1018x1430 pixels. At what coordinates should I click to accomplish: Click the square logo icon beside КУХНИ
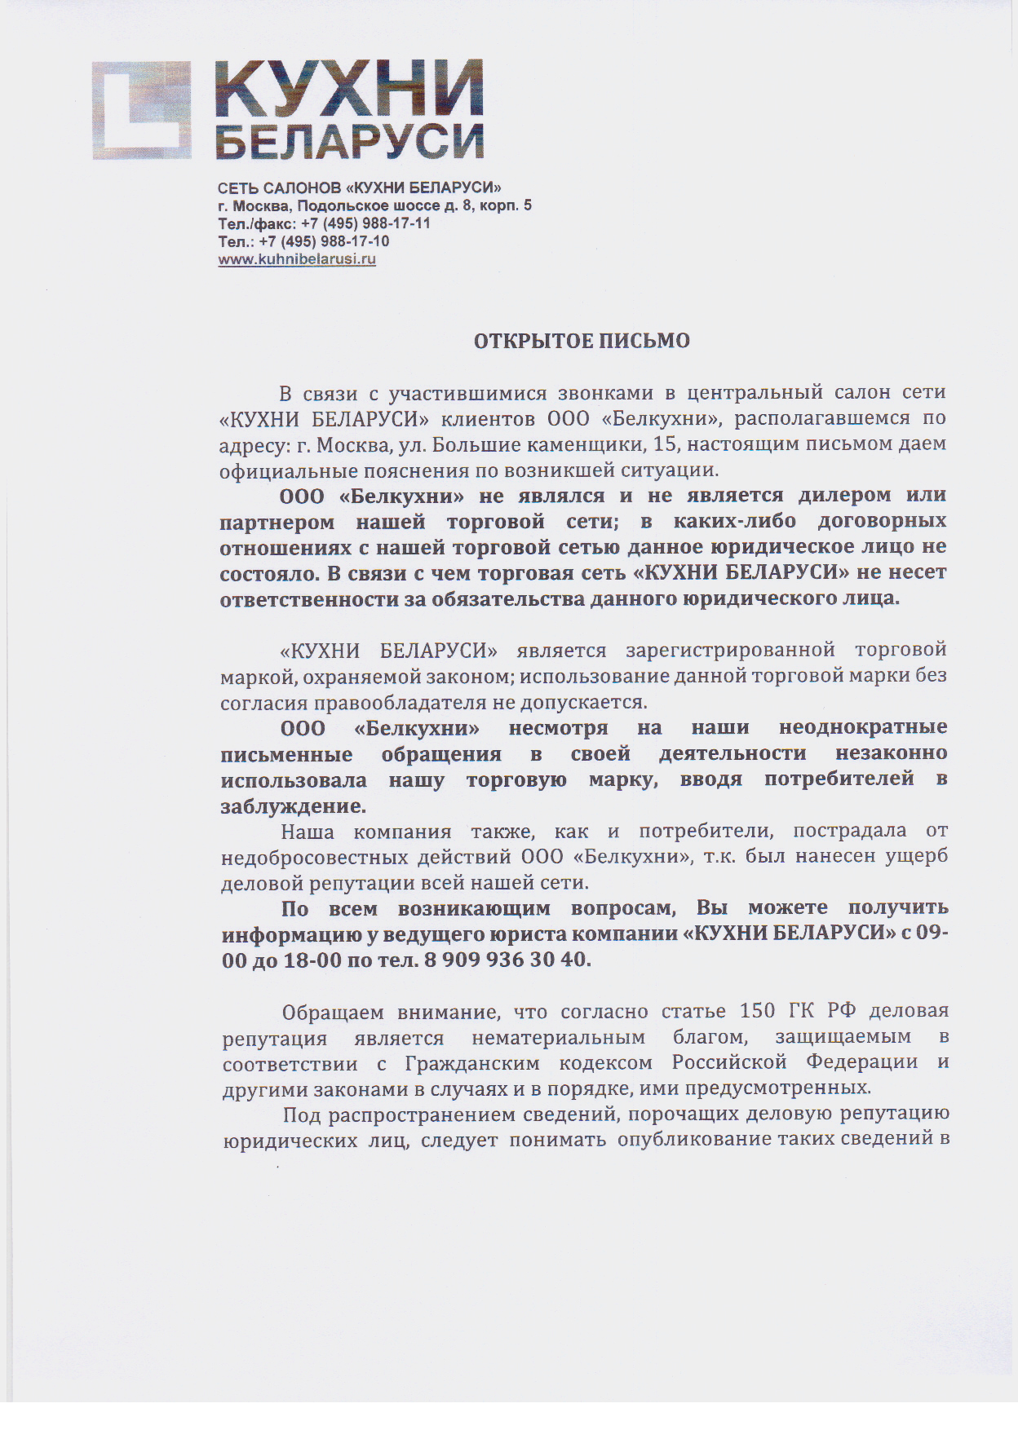click(141, 110)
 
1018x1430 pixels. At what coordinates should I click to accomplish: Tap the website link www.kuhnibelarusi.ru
click(297, 260)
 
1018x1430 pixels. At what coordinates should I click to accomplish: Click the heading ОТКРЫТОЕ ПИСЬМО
click(582, 341)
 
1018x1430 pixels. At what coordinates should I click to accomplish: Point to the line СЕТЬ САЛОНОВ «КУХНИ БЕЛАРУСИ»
click(360, 188)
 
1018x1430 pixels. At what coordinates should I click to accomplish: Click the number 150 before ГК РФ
click(757, 1012)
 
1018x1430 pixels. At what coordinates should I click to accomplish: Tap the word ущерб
click(917, 857)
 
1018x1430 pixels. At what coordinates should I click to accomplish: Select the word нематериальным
click(558, 1038)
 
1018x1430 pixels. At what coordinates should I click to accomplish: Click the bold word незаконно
click(891, 753)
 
